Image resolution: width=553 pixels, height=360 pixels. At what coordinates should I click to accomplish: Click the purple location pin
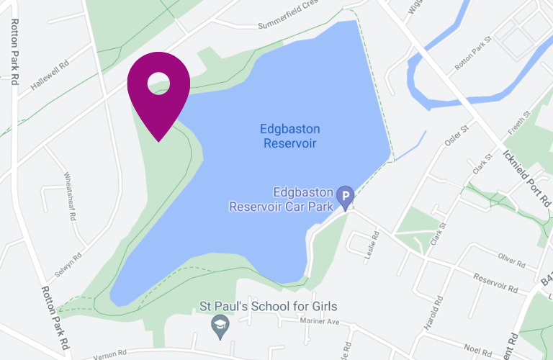[158, 90]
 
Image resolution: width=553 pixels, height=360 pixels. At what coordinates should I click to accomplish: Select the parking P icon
[346, 195]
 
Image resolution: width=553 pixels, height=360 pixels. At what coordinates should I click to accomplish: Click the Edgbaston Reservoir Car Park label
[281, 200]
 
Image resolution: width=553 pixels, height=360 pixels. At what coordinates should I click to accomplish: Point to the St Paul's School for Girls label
[268, 307]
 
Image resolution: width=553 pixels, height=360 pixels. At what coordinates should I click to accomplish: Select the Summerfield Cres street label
[288, 25]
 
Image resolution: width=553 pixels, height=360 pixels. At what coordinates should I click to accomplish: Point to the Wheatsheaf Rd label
[71, 197]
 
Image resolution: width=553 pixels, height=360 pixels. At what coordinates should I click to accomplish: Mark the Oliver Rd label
[513, 257]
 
